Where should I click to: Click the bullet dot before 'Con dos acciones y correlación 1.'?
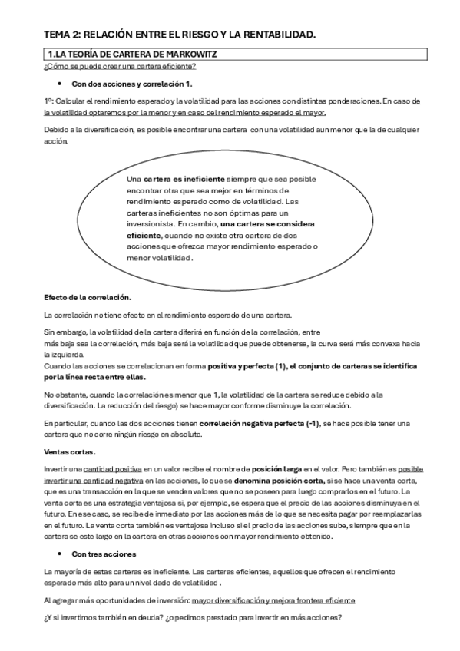click(x=59, y=83)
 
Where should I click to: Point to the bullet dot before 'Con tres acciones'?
click(x=59, y=554)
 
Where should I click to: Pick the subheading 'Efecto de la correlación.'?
click(x=88, y=297)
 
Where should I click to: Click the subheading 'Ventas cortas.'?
click(x=70, y=451)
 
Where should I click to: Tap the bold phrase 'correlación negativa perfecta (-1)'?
click(x=260, y=423)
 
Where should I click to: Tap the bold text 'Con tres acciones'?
click(x=104, y=554)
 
